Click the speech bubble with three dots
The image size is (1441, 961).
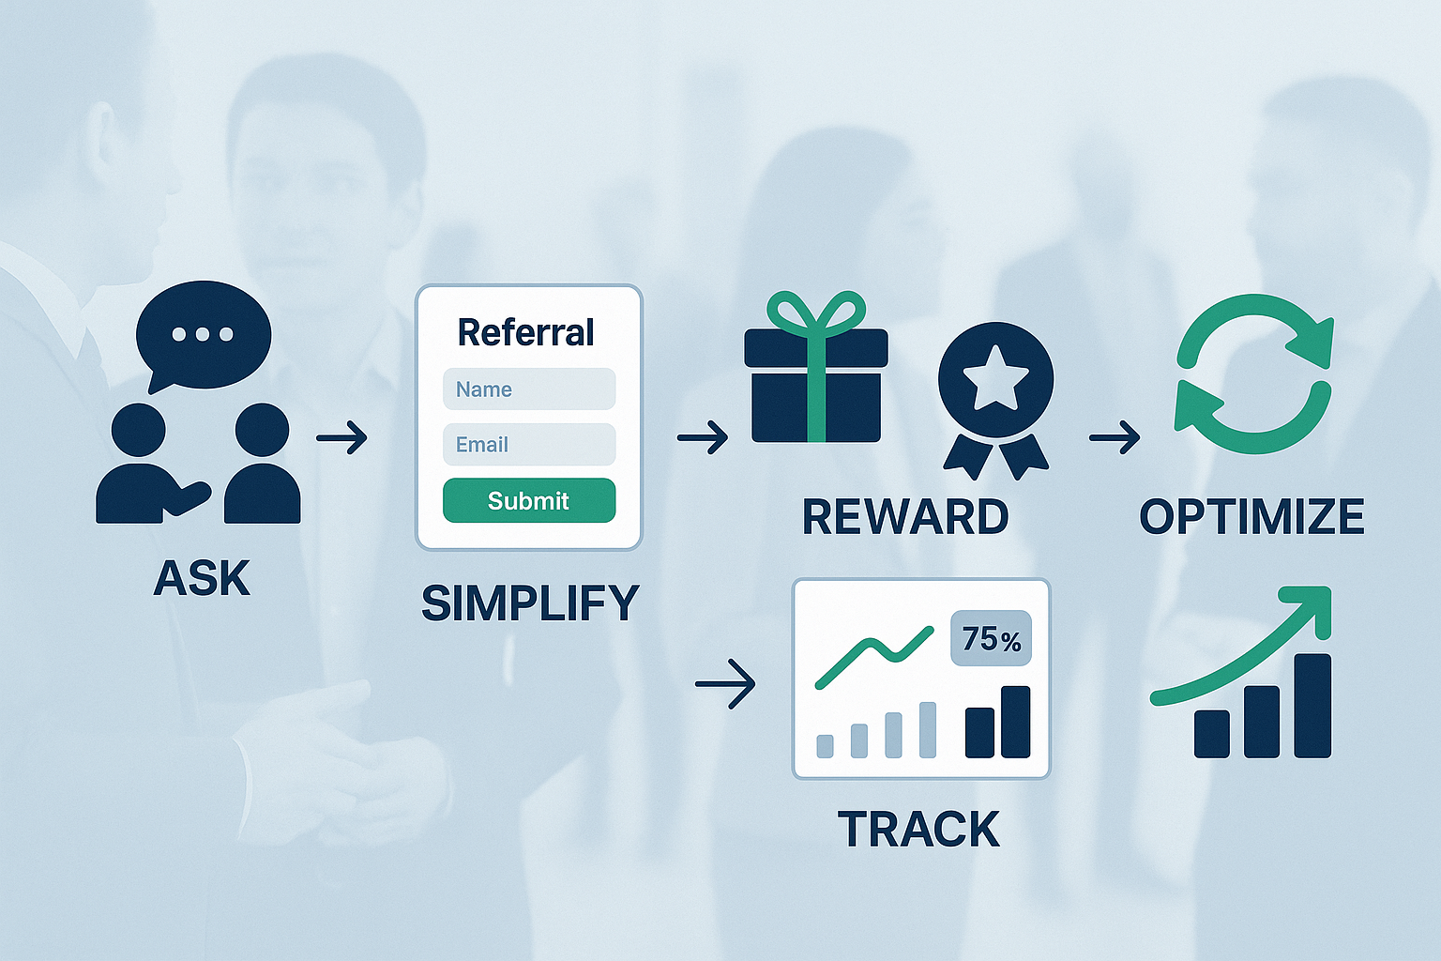(x=203, y=335)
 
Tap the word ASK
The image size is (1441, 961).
(x=202, y=578)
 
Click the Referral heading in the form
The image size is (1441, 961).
(x=525, y=332)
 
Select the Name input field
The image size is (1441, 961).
(x=529, y=389)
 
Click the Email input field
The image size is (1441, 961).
(x=529, y=445)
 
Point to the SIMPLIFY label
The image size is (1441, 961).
(x=530, y=603)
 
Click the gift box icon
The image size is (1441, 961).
(x=815, y=385)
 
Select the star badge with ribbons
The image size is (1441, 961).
(x=995, y=394)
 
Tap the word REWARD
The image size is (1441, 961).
(x=905, y=517)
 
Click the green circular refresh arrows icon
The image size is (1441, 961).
(x=1253, y=374)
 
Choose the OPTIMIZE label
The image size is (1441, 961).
(x=1251, y=517)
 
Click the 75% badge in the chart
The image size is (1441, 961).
(x=991, y=639)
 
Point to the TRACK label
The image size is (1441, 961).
(x=918, y=830)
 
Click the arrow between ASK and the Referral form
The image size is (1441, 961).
(x=341, y=437)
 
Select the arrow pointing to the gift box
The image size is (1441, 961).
(x=703, y=437)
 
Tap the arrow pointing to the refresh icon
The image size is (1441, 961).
(x=1115, y=437)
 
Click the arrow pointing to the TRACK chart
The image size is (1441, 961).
(x=725, y=684)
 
